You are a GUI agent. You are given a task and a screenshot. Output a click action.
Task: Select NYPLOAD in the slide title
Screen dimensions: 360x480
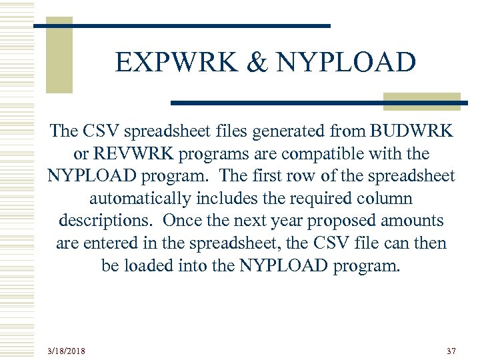coord(345,63)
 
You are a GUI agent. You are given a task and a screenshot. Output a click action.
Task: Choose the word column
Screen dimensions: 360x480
coord(386,199)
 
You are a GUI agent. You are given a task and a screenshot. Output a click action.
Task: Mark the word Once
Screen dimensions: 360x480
coord(183,221)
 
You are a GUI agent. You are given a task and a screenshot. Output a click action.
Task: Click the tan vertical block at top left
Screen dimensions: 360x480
coord(59,55)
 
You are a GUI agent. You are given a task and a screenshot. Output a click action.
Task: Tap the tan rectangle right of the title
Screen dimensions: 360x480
coord(421,101)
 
